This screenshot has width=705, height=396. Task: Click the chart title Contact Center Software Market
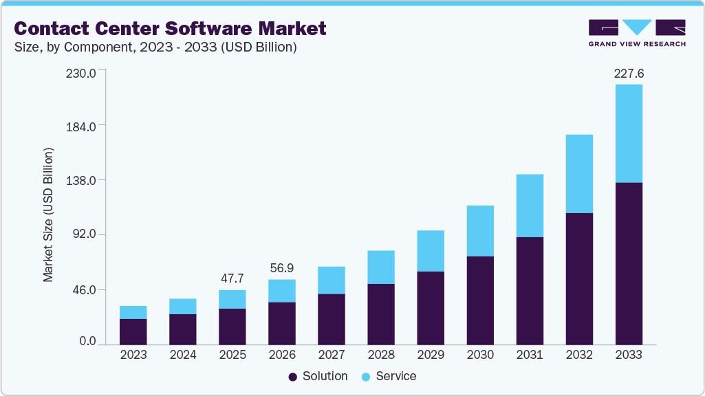pos(170,29)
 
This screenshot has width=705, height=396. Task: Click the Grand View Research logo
pos(637,33)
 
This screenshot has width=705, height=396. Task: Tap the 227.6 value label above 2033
pos(629,74)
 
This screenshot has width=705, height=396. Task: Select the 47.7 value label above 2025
pos(232,278)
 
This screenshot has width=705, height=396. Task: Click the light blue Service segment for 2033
pos(629,133)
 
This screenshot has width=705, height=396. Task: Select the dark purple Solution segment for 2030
pos(480,300)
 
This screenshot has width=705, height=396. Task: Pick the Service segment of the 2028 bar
pos(381,267)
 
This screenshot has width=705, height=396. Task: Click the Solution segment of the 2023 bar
pos(133,331)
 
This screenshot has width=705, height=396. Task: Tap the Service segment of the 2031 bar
pos(530,206)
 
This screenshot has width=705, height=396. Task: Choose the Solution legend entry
pos(318,376)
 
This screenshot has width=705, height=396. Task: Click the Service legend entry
pos(389,376)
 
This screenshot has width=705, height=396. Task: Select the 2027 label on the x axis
pos(332,355)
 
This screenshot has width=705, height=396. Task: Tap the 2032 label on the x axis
pos(579,355)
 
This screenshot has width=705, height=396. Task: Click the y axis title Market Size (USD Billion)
pos(48,214)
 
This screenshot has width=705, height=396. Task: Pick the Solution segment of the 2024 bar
pos(183,329)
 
